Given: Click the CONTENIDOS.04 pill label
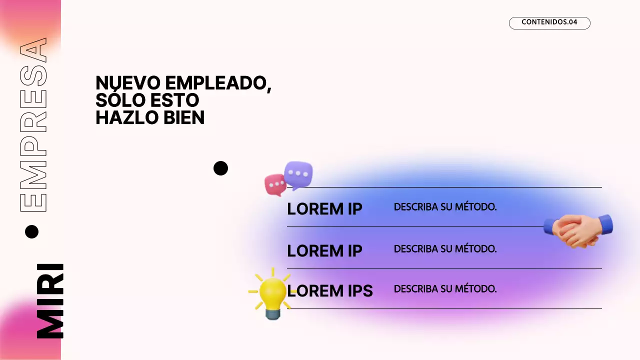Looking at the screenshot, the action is click(x=549, y=22).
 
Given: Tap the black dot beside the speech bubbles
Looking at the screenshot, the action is click(x=220, y=168).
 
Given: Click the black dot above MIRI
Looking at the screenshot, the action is click(x=31, y=231).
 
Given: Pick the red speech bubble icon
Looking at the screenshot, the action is click(x=275, y=184).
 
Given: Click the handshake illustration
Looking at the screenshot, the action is click(x=577, y=230).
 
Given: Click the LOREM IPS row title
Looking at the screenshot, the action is click(x=330, y=290).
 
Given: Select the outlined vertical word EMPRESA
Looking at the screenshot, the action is click(x=33, y=125).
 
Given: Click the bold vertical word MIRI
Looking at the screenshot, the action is click(x=50, y=301).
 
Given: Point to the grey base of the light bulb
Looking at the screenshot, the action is click(x=273, y=313).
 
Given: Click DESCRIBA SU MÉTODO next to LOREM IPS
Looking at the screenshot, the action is click(x=445, y=289).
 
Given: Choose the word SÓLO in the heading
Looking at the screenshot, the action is click(x=115, y=100).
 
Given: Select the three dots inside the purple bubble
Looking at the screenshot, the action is click(x=298, y=173).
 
